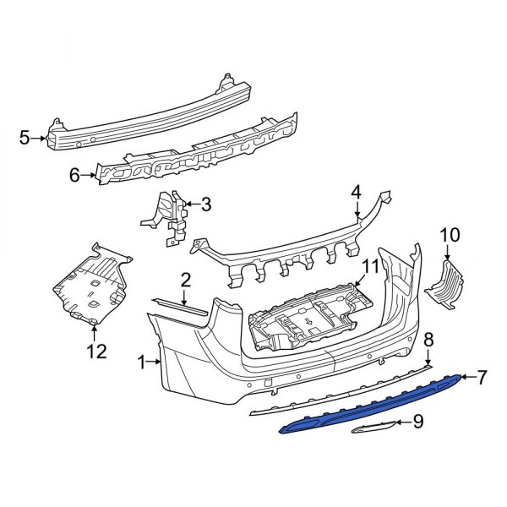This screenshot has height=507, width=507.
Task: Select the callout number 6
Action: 74,176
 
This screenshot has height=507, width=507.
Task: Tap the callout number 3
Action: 206,204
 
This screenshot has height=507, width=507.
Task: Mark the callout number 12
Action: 98,351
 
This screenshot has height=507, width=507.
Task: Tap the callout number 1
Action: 142,363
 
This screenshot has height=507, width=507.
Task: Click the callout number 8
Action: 428,340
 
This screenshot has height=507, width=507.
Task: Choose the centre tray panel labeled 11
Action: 308,321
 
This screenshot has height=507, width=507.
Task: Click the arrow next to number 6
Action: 90,176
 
